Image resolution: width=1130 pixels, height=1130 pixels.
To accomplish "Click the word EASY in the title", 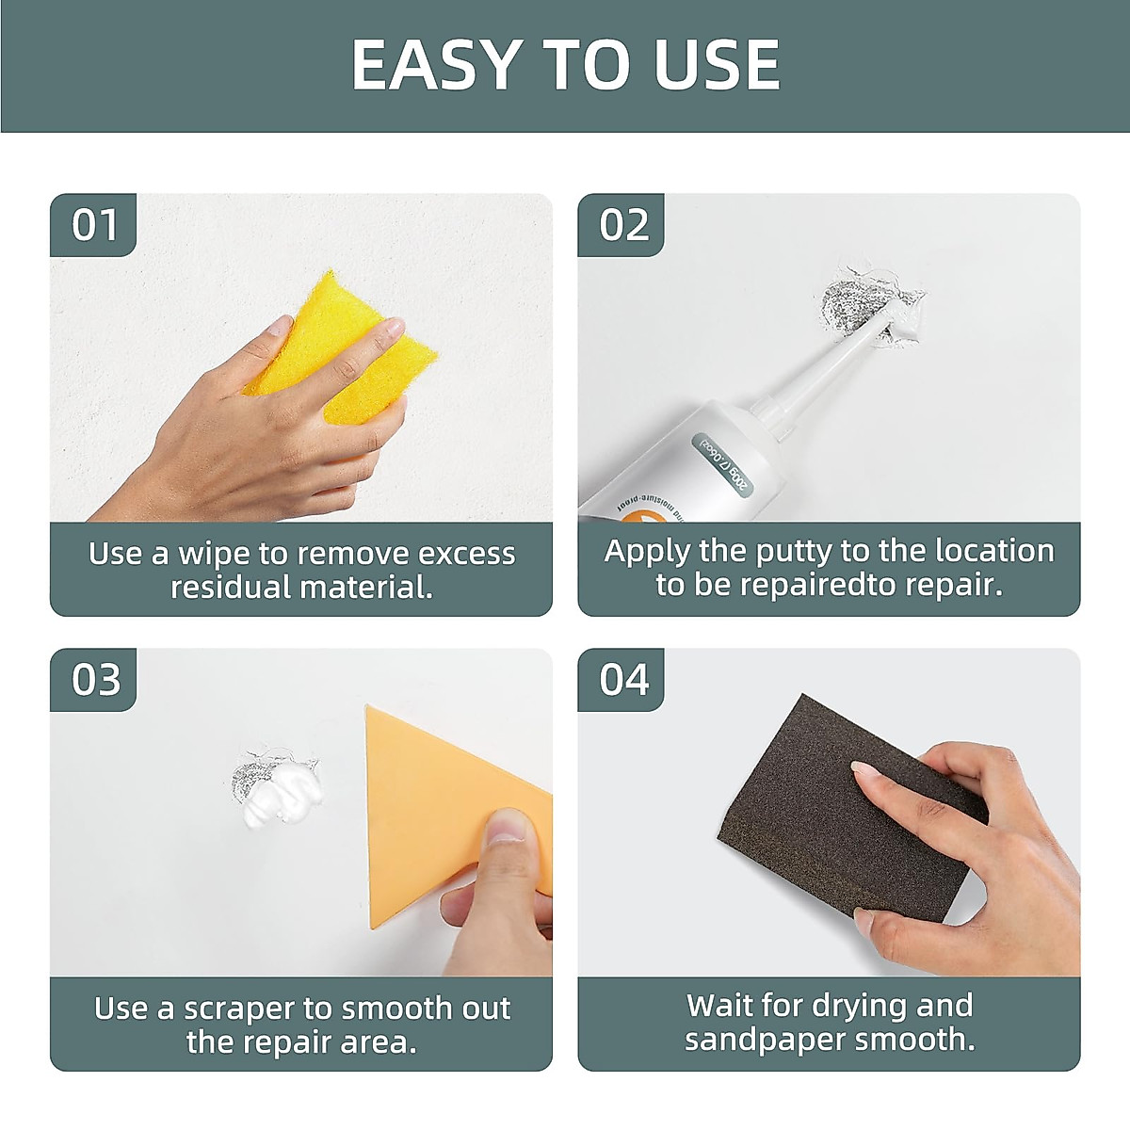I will click(437, 65).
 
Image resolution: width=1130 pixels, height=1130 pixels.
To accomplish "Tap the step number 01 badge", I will click(94, 225).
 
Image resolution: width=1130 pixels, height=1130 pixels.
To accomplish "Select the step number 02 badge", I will click(623, 225).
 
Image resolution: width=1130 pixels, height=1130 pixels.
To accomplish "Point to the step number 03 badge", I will click(95, 680).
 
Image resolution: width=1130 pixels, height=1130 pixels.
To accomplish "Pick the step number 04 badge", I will click(623, 680).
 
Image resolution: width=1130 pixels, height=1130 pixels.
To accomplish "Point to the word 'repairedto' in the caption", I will click(801, 585).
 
